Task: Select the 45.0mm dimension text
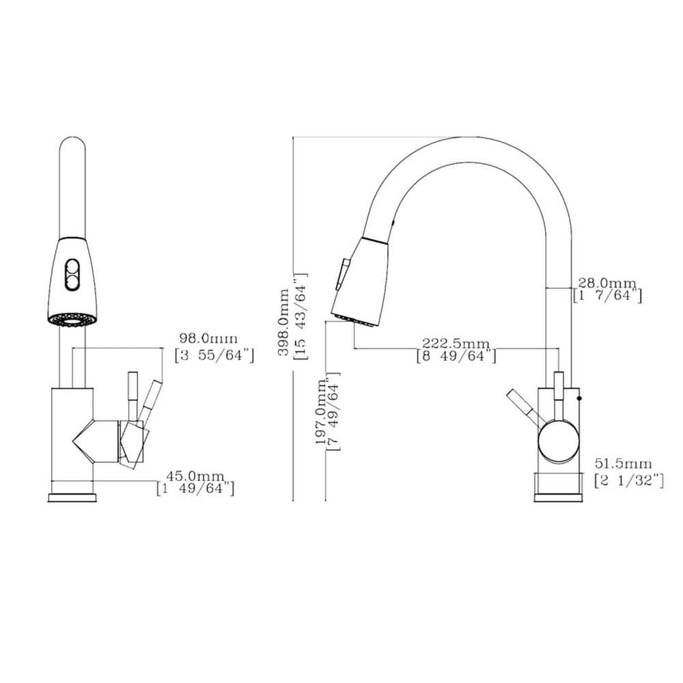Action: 197,475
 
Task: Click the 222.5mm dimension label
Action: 456,343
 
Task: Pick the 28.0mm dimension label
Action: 607,283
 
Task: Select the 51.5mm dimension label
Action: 623,464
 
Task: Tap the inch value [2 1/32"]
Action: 628,481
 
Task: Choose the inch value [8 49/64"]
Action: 456,356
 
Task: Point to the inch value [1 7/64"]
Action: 607,295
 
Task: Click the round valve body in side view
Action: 559,442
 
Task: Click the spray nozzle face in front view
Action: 72,320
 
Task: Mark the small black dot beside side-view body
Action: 581,397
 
